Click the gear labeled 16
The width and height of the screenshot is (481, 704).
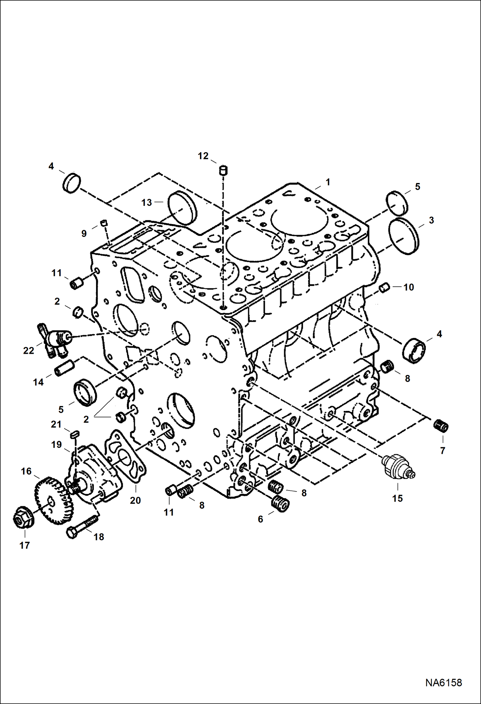(x=53, y=501)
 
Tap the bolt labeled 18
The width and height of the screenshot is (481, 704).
(x=82, y=526)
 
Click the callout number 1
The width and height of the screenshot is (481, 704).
(x=328, y=182)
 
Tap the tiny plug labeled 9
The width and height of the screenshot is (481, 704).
(x=103, y=223)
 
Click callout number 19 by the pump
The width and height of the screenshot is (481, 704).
(x=57, y=445)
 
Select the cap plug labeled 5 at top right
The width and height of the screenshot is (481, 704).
(x=398, y=203)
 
